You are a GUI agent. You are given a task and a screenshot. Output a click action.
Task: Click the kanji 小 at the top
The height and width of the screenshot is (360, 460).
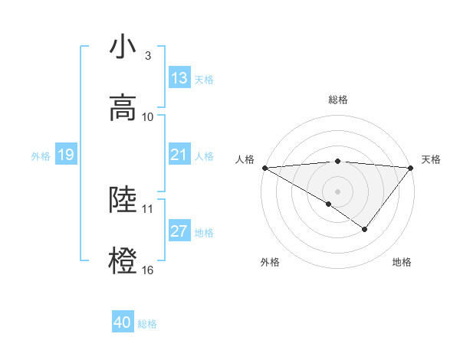(123, 47)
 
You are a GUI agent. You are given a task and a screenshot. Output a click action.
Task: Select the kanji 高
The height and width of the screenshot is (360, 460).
(123, 107)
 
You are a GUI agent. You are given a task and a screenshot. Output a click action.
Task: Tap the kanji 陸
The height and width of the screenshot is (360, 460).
(123, 199)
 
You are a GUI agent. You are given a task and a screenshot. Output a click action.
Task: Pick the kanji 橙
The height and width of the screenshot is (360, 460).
(123, 260)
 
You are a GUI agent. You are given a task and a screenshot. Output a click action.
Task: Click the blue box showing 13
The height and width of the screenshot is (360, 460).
(179, 78)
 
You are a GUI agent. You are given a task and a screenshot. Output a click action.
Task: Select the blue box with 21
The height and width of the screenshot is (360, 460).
(179, 155)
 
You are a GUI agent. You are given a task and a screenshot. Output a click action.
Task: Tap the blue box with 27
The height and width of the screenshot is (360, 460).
(179, 231)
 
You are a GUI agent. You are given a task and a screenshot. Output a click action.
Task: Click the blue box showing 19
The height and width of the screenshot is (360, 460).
(65, 155)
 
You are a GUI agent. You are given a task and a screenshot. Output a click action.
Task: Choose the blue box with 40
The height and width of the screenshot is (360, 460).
(123, 322)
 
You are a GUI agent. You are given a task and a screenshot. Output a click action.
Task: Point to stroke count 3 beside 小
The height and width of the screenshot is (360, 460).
(148, 56)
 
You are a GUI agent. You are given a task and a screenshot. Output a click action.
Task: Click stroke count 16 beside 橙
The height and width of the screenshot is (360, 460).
(148, 270)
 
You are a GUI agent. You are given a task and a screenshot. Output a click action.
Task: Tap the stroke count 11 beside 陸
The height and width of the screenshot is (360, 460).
(148, 208)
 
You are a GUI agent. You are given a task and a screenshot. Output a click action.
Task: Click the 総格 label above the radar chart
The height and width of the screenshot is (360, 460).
(338, 100)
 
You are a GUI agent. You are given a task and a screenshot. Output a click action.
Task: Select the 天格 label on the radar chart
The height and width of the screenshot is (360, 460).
(431, 159)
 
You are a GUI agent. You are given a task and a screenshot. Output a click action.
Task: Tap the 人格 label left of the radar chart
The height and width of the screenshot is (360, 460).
(245, 159)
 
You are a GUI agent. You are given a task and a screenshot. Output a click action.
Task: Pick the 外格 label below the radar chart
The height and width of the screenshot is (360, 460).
(270, 262)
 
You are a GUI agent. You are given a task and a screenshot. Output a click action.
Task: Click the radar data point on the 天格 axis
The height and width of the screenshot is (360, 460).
(411, 167)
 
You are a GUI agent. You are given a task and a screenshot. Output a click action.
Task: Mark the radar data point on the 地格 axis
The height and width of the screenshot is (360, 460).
(365, 229)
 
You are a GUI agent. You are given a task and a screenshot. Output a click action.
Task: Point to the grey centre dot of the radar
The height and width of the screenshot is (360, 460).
(338, 191)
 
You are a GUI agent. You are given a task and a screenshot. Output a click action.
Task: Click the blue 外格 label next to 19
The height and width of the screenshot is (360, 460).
(41, 155)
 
